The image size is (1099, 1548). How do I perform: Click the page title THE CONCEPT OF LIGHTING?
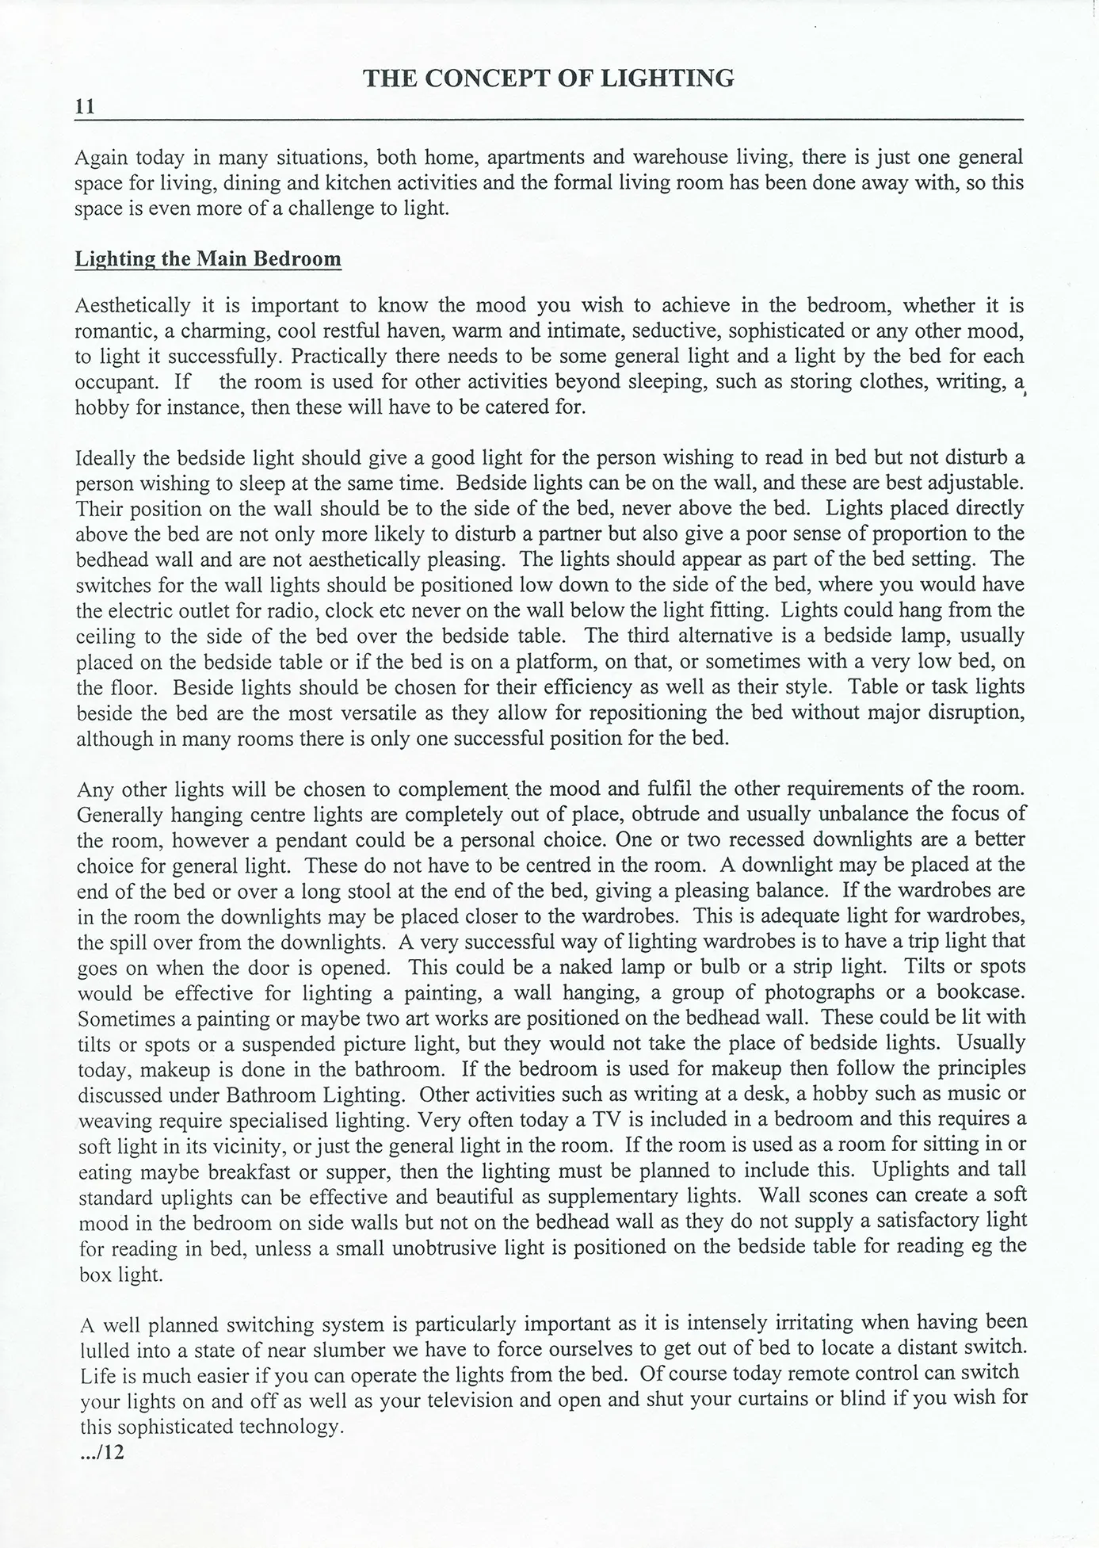click(548, 78)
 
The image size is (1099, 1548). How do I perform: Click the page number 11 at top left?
click(85, 107)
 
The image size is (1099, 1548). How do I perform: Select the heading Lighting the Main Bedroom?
click(208, 259)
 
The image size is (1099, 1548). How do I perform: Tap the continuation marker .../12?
click(103, 1454)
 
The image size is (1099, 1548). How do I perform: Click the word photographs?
click(819, 992)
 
